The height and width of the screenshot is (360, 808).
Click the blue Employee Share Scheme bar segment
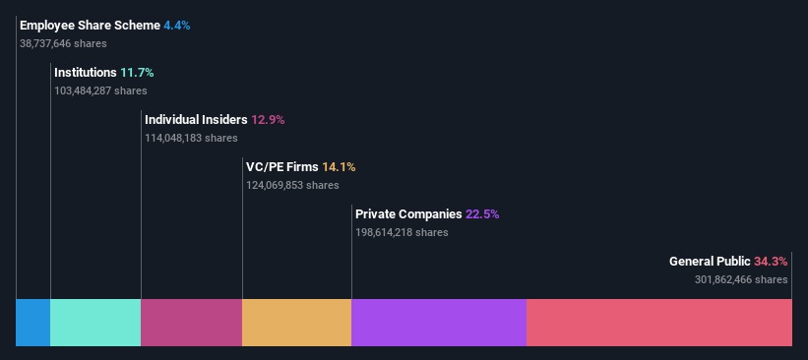click(x=33, y=323)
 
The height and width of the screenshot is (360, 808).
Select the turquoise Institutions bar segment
click(x=95, y=323)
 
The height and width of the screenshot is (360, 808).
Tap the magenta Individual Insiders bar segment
click(x=191, y=323)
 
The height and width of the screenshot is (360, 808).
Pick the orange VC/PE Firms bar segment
click(x=297, y=323)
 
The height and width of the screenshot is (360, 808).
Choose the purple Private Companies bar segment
click(x=439, y=323)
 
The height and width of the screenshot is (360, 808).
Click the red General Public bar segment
click(x=659, y=323)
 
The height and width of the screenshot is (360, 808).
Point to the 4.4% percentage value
click(x=177, y=26)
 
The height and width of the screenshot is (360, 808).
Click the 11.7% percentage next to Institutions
click(x=137, y=73)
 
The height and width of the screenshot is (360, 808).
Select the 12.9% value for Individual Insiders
click(x=268, y=120)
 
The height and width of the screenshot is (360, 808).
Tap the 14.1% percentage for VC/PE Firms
click(x=339, y=167)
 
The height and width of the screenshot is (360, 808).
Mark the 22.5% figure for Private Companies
click(x=482, y=214)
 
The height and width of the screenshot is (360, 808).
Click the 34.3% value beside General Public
click(x=771, y=262)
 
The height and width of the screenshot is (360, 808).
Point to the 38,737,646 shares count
click(x=63, y=44)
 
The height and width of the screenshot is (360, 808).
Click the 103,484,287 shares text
click(x=100, y=90)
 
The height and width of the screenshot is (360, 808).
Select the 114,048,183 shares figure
click(x=191, y=138)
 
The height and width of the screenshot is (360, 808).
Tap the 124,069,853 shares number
click(x=292, y=185)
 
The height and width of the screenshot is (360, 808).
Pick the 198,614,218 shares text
click(x=402, y=232)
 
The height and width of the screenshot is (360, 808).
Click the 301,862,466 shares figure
click(x=741, y=279)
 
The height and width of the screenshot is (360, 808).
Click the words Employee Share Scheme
click(x=91, y=26)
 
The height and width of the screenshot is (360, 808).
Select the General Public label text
click(x=710, y=262)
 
